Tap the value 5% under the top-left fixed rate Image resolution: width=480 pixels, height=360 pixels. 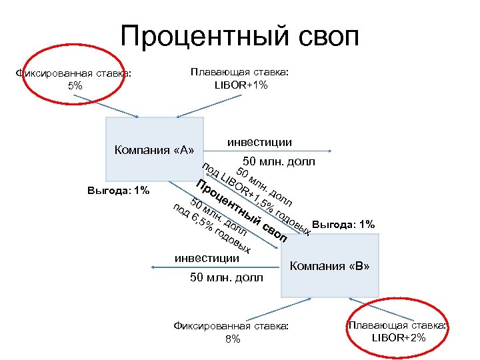click(x=75, y=86)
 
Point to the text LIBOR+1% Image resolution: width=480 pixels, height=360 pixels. click(x=239, y=85)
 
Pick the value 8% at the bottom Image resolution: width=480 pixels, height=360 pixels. click(x=232, y=339)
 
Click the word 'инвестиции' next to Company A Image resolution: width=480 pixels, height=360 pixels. click(x=259, y=142)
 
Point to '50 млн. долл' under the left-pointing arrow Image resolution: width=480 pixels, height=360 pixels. click(x=227, y=277)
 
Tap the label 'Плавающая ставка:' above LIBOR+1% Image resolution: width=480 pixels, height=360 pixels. click(x=239, y=72)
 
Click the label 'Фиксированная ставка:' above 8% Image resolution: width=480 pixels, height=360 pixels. click(x=232, y=326)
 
